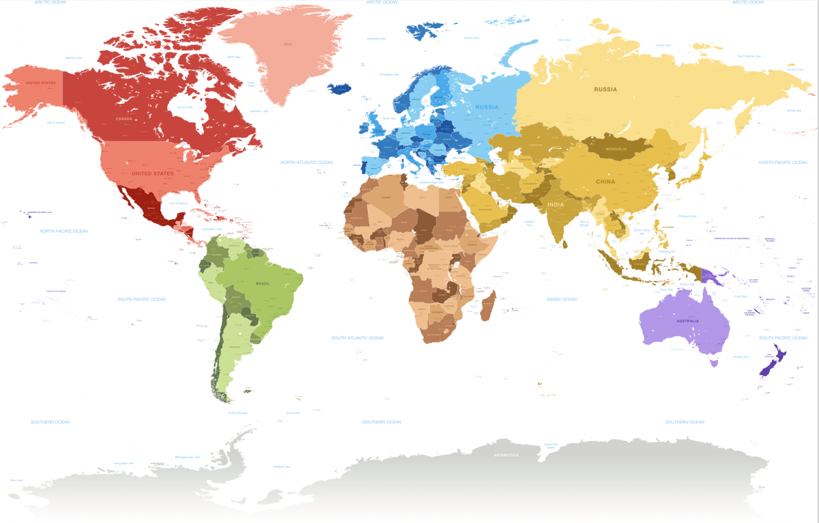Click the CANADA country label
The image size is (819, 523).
[124, 119]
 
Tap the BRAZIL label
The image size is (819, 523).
[263, 283]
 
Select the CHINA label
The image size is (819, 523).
[605, 182]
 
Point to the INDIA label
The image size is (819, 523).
[555, 204]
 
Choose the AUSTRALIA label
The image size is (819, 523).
[687, 321]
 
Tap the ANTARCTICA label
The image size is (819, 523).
[506, 454]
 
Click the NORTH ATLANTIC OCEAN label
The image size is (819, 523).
[306, 162]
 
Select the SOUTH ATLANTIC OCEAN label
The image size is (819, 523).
[357, 338]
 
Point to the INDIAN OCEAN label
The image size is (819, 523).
[561, 299]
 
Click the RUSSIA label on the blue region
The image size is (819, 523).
[487, 107]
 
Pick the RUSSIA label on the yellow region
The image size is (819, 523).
[605, 89]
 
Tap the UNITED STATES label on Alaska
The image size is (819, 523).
[40, 83]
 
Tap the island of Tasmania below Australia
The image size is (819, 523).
[714, 363]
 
